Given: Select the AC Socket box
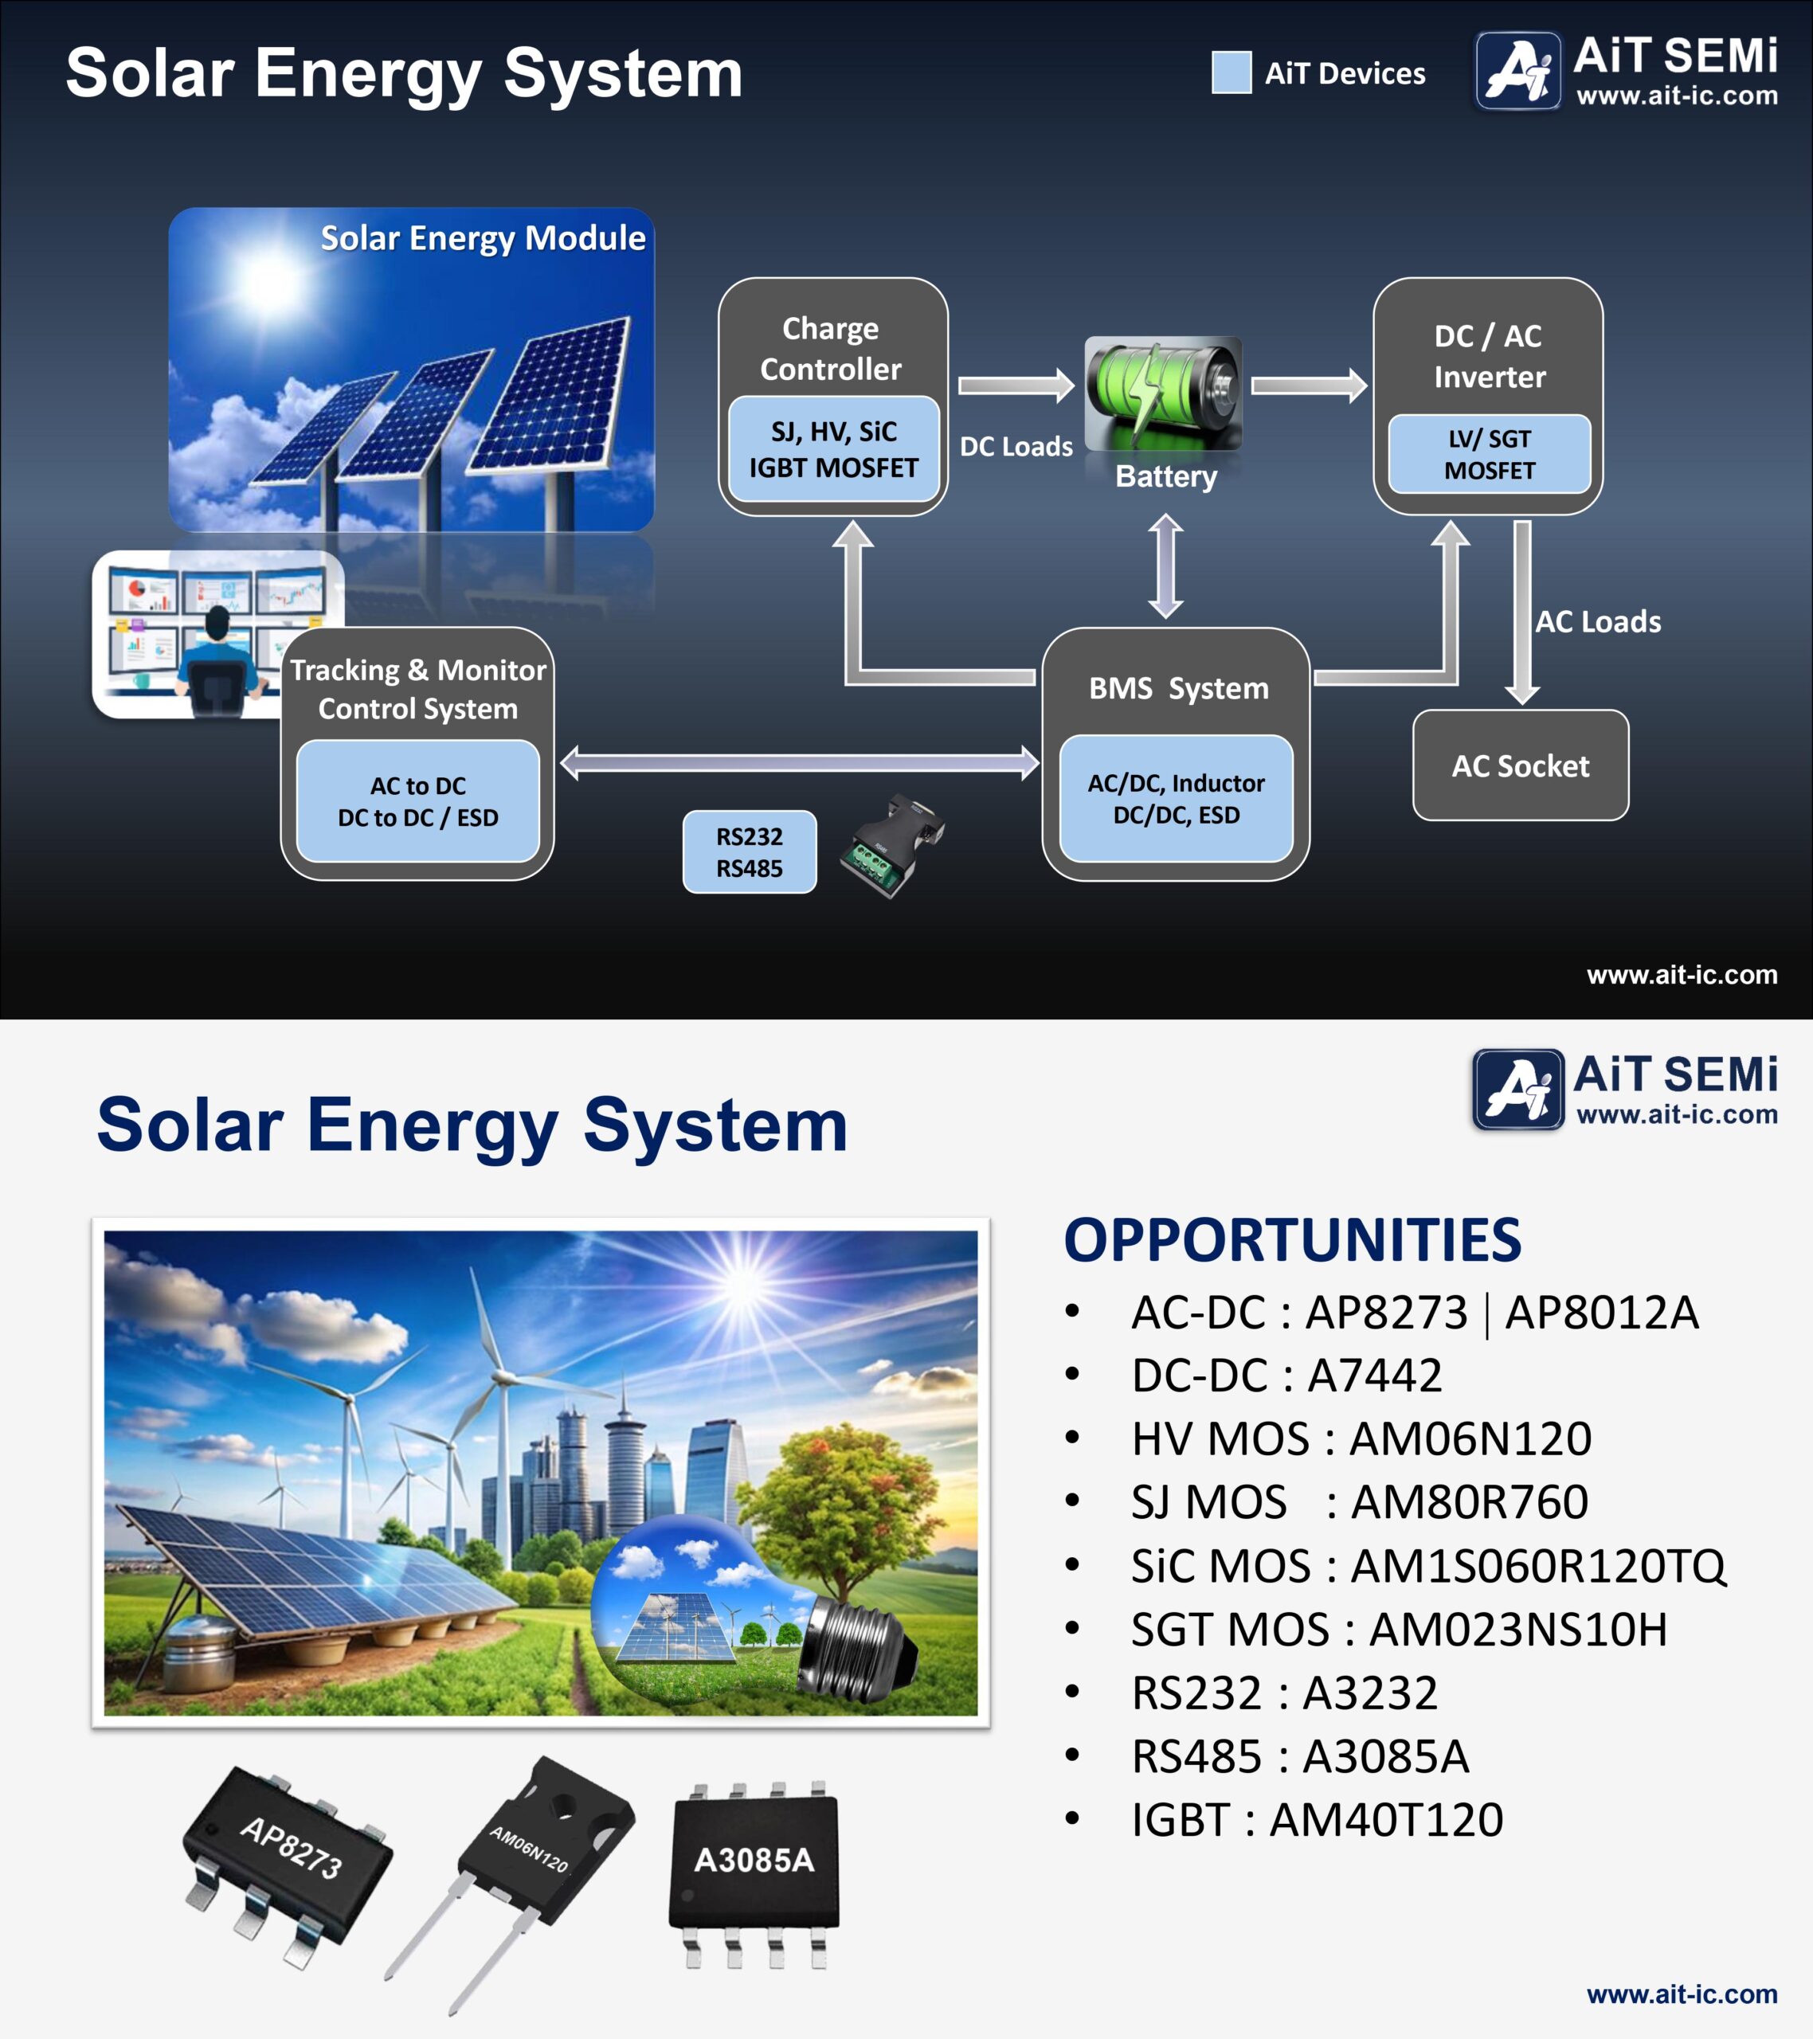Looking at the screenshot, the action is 1521,765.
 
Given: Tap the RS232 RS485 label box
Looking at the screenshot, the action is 750,852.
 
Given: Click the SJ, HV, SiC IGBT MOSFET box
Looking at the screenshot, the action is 833,449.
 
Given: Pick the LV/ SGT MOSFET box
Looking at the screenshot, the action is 1490,454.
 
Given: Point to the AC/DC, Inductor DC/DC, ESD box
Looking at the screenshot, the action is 1177,798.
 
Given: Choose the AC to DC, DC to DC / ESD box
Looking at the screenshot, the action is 418,801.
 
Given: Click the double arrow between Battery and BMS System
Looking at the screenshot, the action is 1165,566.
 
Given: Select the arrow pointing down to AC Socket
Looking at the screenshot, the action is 1521,612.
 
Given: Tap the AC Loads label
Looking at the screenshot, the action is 1597,621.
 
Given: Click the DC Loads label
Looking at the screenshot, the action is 1016,446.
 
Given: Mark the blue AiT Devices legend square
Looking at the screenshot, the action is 1232,72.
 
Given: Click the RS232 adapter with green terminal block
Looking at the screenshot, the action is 892,844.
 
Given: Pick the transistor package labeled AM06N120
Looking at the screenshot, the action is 519,1876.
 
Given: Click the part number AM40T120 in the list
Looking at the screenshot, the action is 1386,1819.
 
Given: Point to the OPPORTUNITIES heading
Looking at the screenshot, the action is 1292,1240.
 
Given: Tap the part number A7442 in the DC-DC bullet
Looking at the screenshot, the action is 1375,1376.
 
